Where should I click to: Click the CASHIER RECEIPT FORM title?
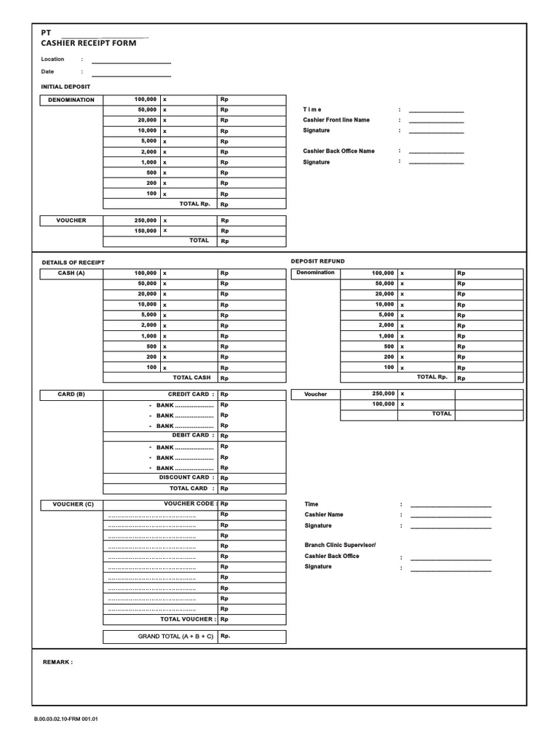tap(88, 44)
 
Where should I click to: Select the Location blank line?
tap(131, 63)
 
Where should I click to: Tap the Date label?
tap(47, 72)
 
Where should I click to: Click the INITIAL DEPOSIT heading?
tap(66, 87)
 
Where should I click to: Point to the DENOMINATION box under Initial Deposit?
tap(71, 100)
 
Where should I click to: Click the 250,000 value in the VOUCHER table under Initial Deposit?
tap(146, 220)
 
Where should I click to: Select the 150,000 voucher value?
tap(146, 231)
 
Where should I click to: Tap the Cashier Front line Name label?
tap(336, 120)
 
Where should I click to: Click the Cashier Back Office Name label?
tap(338, 151)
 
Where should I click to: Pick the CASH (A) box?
tap(71, 273)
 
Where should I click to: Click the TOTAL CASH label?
tap(191, 378)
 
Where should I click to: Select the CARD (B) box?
tap(71, 394)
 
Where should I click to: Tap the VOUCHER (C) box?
tap(73, 504)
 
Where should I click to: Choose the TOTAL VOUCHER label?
tap(188, 619)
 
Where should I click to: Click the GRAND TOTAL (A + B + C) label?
tap(175, 637)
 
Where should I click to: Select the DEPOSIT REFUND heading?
tap(318, 261)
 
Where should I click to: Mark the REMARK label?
tap(58, 662)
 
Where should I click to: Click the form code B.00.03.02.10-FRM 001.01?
tap(66, 719)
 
